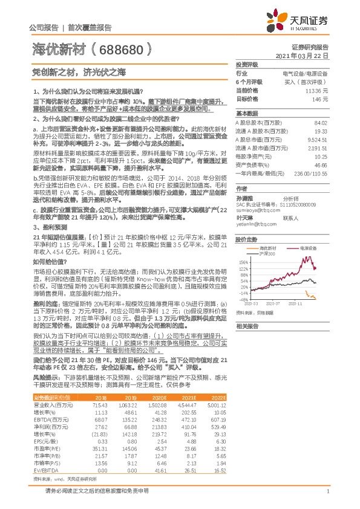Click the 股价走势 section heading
pyautogui.click(x=247, y=239)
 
